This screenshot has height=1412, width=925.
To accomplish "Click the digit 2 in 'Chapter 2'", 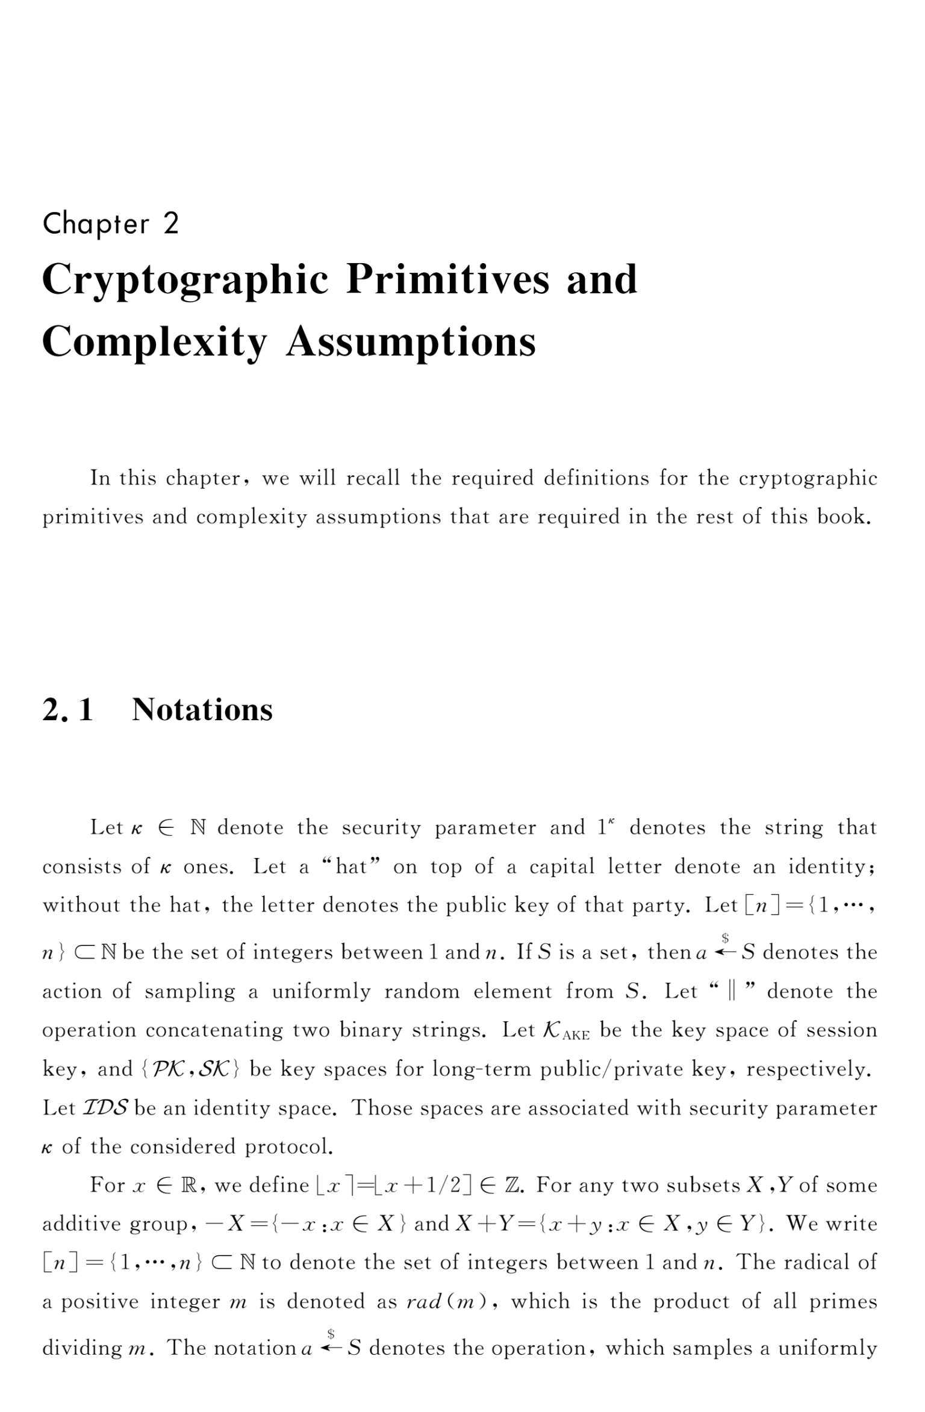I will point(171,223).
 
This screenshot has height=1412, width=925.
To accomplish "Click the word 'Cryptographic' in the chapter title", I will point(185,280).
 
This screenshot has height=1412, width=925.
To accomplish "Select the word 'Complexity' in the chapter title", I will point(154,343).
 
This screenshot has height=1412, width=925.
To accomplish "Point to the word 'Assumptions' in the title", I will point(411,343).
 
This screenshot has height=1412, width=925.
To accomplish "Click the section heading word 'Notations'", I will point(202,709).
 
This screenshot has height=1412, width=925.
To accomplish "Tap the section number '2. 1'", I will point(67,709).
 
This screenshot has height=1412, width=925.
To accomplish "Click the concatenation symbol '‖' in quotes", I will point(732,991).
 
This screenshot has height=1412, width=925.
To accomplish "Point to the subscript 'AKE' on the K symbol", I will point(576,1035).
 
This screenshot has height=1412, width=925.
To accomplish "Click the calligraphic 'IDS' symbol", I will point(105,1107).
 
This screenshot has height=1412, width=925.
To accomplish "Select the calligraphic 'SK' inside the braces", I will point(216,1069).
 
